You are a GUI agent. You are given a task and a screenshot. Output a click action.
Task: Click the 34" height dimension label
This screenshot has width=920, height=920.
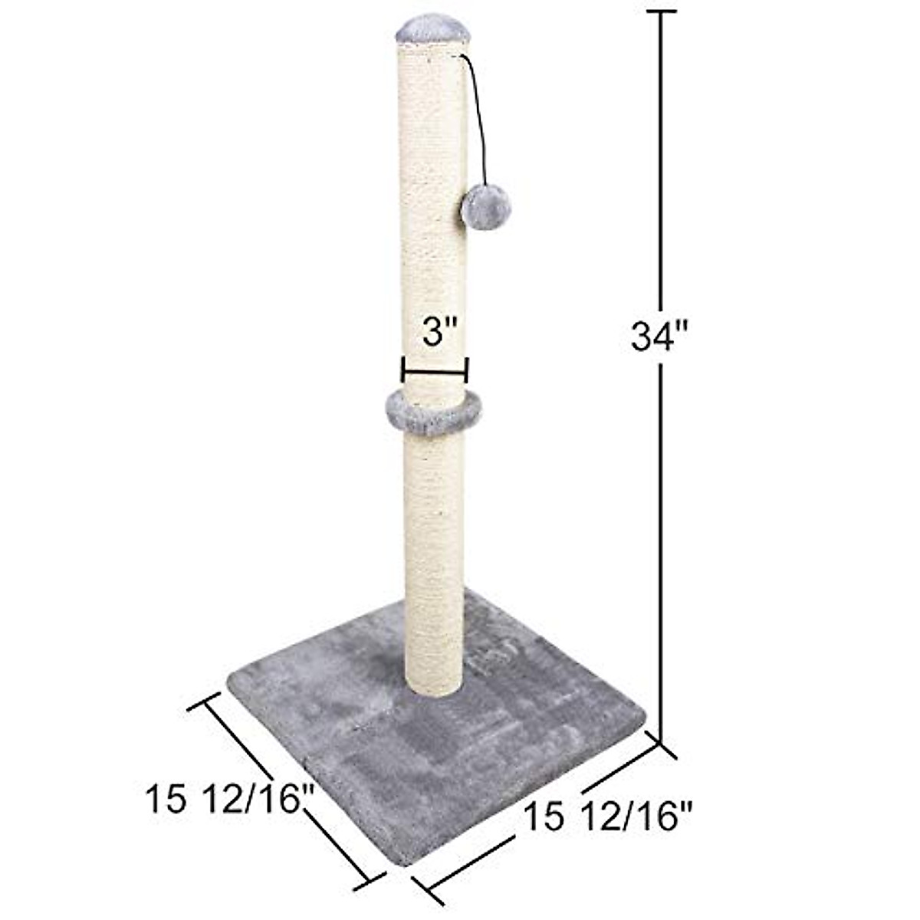point(660,336)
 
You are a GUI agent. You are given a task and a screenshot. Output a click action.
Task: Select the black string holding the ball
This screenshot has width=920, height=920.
point(479,115)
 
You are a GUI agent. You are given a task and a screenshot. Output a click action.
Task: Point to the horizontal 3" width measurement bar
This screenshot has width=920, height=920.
point(434,375)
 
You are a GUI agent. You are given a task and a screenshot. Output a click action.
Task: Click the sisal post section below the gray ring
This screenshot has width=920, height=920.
point(434,552)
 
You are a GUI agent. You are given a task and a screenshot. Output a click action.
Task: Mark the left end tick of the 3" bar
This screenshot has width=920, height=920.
point(402,370)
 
